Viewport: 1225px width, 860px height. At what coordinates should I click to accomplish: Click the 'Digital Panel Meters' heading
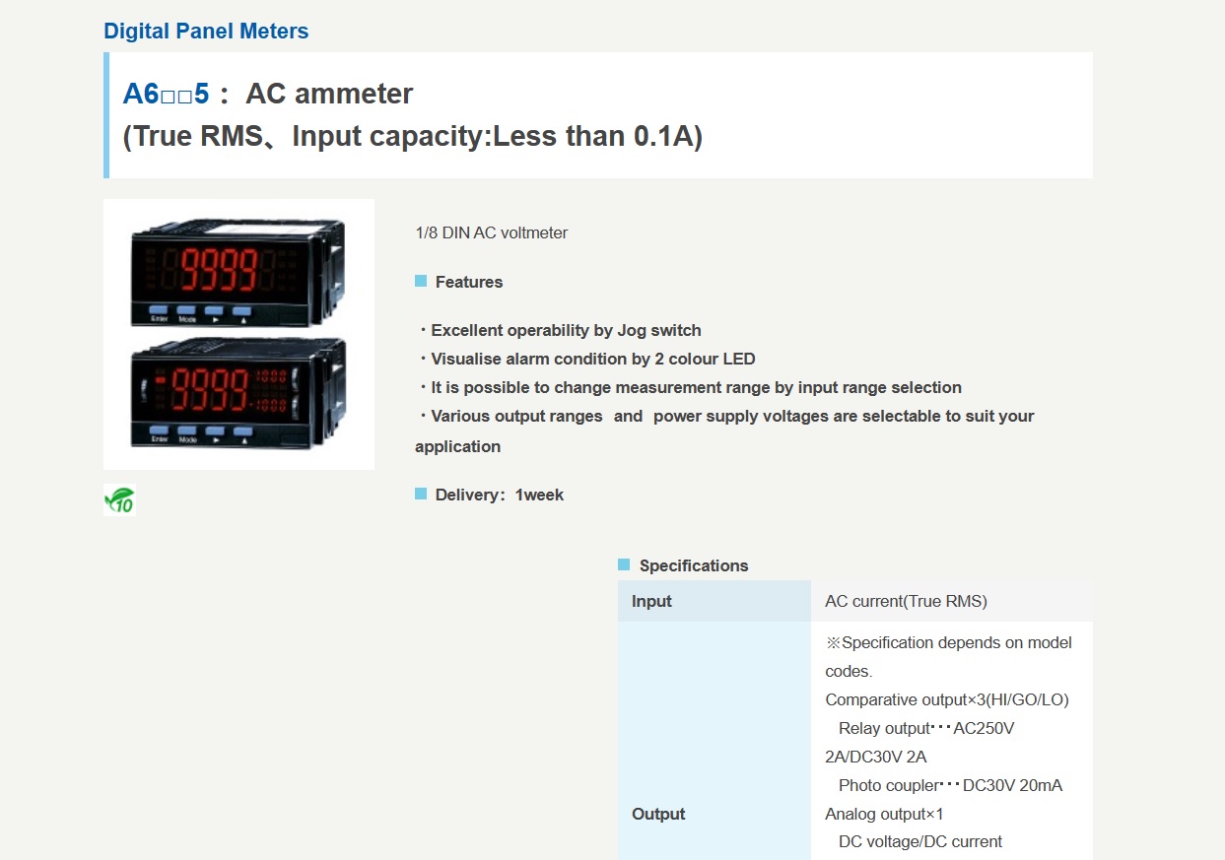pos(206,32)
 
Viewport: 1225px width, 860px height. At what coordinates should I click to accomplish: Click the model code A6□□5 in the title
pos(167,94)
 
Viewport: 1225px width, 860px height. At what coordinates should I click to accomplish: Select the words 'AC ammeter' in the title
pos(329,94)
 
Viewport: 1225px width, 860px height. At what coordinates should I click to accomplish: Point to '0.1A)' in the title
pos(668,136)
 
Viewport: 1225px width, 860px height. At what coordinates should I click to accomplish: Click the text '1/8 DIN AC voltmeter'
pos(492,232)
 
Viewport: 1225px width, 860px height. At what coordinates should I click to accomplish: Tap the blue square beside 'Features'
pos(421,281)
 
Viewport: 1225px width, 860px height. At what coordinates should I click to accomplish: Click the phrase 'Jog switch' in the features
pos(659,331)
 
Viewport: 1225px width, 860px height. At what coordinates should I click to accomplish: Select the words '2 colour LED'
pos(705,359)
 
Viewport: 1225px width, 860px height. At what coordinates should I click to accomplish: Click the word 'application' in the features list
pos(457,447)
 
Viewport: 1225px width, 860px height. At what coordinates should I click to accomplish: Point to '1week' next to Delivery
pos(539,495)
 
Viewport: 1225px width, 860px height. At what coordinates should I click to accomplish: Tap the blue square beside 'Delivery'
pos(421,494)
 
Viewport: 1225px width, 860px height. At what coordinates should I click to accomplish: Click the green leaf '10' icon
pos(120,499)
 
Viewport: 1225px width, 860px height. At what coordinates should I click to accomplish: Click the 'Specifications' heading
pos(694,565)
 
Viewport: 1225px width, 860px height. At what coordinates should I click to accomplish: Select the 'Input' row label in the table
pos(651,601)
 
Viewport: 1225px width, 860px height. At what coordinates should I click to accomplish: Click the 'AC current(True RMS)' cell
pos(906,601)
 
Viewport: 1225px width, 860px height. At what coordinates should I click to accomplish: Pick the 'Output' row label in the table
pos(658,814)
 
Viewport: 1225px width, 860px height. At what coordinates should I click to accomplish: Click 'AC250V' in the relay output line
pos(984,728)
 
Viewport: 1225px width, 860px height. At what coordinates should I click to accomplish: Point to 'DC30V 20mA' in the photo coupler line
pos(1012,786)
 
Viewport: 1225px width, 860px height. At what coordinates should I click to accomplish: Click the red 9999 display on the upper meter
pos(219,269)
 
